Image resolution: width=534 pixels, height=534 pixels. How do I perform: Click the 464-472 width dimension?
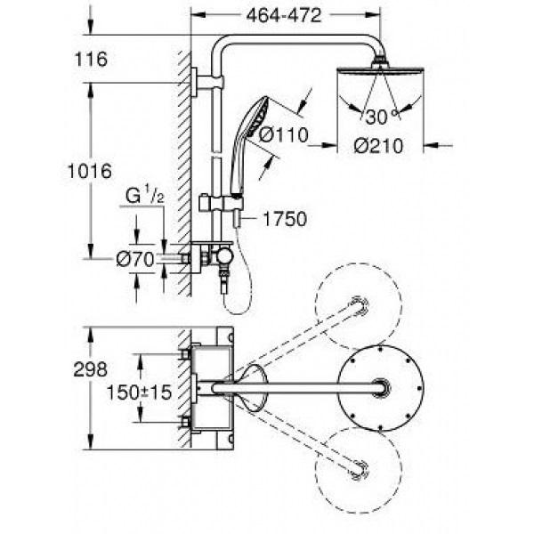click(284, 15)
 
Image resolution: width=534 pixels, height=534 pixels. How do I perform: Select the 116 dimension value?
click(91, 59)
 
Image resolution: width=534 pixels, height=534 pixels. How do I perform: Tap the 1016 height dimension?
click(90, 171)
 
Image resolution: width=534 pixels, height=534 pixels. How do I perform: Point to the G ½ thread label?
click(145, 195)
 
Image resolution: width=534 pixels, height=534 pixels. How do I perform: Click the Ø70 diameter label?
click(135, 260)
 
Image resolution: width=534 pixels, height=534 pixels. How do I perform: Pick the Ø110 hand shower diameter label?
click(284, 135)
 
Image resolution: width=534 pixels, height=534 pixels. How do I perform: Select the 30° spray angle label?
click(382, 117)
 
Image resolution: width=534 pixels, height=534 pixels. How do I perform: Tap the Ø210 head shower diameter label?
click(378, 146)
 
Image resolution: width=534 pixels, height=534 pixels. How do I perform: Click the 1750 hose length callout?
click(285, 219)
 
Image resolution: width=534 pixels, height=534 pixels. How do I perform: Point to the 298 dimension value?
click(91, 369)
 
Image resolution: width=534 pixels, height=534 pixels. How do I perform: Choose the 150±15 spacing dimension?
click(140, 392)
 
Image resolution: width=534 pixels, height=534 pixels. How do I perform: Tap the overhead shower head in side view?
click(380, 69)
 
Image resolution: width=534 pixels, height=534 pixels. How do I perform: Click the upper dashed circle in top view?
click(359, 306)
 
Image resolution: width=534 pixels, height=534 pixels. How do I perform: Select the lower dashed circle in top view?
click(359, 471)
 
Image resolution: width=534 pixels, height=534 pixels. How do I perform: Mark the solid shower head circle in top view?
click(381, 388)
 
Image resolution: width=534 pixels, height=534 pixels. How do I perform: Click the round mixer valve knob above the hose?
click(224, 255)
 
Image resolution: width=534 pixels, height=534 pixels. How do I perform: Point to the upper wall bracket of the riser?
click(207, 83)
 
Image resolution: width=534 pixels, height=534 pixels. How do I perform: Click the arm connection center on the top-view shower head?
click(381, 388)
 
